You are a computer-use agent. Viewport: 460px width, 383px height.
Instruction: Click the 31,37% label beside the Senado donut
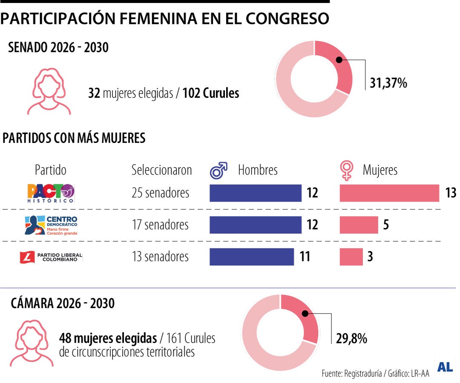pos(388,83)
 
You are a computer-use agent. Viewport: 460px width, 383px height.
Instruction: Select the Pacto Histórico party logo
pos(51,193)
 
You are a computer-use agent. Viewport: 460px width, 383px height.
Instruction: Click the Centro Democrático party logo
pos(51,225)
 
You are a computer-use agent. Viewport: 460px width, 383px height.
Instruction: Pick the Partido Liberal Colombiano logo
pos(51,257)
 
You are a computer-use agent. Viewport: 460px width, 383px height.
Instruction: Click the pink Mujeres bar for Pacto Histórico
pos(389,193)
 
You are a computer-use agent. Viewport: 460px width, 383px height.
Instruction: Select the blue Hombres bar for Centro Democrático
pos(255,225)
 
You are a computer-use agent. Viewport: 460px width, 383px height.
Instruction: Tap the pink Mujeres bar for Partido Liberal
pos(351,257)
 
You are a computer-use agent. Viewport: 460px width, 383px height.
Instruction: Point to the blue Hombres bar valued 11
pos(251,257)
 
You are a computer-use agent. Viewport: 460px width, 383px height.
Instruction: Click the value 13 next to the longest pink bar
pos(450,193)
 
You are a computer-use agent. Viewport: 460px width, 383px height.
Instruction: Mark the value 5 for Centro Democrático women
pos(385,225)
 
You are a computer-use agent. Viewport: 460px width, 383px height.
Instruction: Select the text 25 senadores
pos(160,193)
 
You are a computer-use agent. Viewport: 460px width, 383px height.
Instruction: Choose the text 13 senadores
pos(160,257)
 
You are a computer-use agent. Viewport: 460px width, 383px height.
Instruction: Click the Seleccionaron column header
pos(161,170)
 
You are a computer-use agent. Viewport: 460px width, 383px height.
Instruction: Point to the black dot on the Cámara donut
pos(305,314)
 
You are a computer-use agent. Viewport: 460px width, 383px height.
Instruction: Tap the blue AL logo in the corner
pos(445,368)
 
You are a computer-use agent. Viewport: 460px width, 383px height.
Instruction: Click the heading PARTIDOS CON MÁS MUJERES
pos(74,138)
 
